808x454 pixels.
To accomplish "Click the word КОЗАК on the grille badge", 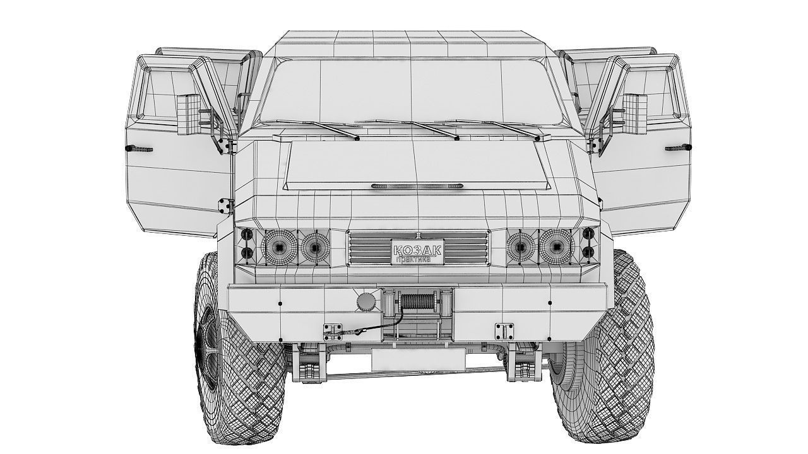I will tap(417, 249).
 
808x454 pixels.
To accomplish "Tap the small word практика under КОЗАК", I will tap(413, 259).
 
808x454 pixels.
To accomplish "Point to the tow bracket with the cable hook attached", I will tap(332, 332).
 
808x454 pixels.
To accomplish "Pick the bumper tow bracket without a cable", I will tap(504, 330).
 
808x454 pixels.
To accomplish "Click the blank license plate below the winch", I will tap(418, 359).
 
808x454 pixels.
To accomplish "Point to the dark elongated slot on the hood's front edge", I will tap(417, 187).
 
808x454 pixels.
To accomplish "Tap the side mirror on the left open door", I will tap(189, 114).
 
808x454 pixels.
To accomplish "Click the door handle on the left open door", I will tap(140, 149).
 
